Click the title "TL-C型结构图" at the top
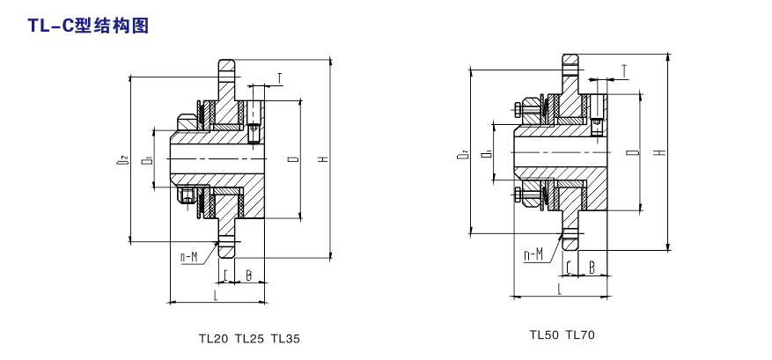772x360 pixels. (x=88, y=26)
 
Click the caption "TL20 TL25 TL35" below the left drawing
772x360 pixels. (x=249, y=339)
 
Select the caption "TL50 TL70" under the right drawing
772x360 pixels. (x=562, y=335)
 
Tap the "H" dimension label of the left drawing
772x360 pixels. (x=323, y=159)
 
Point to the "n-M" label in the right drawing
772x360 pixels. (x=533, y=254)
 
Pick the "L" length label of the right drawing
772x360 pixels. (x=559, y=289)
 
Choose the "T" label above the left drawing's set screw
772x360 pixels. (x=280, y=78)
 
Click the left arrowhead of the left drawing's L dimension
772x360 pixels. (x=173, y=302)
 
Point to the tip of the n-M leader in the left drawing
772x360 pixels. (x=218, y=241)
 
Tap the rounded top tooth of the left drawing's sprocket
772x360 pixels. (x=226, y=68)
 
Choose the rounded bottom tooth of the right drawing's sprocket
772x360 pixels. (x=570, y=241)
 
